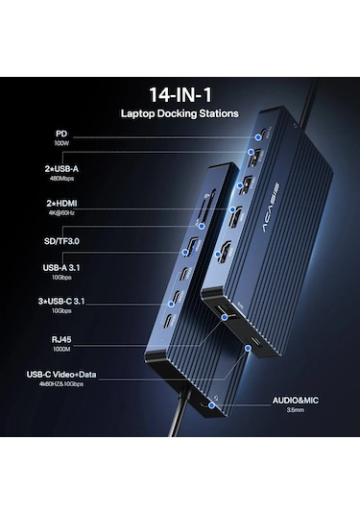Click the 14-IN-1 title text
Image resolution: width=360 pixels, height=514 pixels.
point(180,95)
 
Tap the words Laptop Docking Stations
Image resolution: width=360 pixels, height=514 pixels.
point(180,113)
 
